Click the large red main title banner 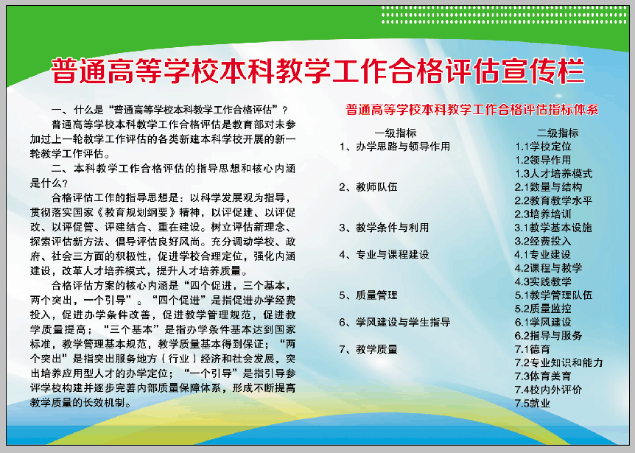[x=318, y=71]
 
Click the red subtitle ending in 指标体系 [x=471, y=110]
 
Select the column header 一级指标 [x=396, y=133]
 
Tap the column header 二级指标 [x=558, y=133]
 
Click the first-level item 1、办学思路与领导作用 [x=395, y=146]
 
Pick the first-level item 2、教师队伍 [x=368, y=186]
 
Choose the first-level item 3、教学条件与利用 [x=385, y=228]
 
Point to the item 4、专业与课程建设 [x=385, y=255]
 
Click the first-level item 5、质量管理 [x=368, y=295]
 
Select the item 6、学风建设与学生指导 [x=395, y=322]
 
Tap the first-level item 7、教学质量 [x=368, y=349]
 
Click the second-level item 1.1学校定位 [x=543, y=146]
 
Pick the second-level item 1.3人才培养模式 [x=554, y=173]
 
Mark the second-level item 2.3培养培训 [x=543, y=214]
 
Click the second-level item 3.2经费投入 [x=543, y=241]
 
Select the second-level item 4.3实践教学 [x=543, y=281]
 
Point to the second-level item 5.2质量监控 [x=543, y=309]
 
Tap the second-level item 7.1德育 [x=533, y=349]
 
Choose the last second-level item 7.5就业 [x=533, y=403]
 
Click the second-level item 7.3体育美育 [x=543, y=376]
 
